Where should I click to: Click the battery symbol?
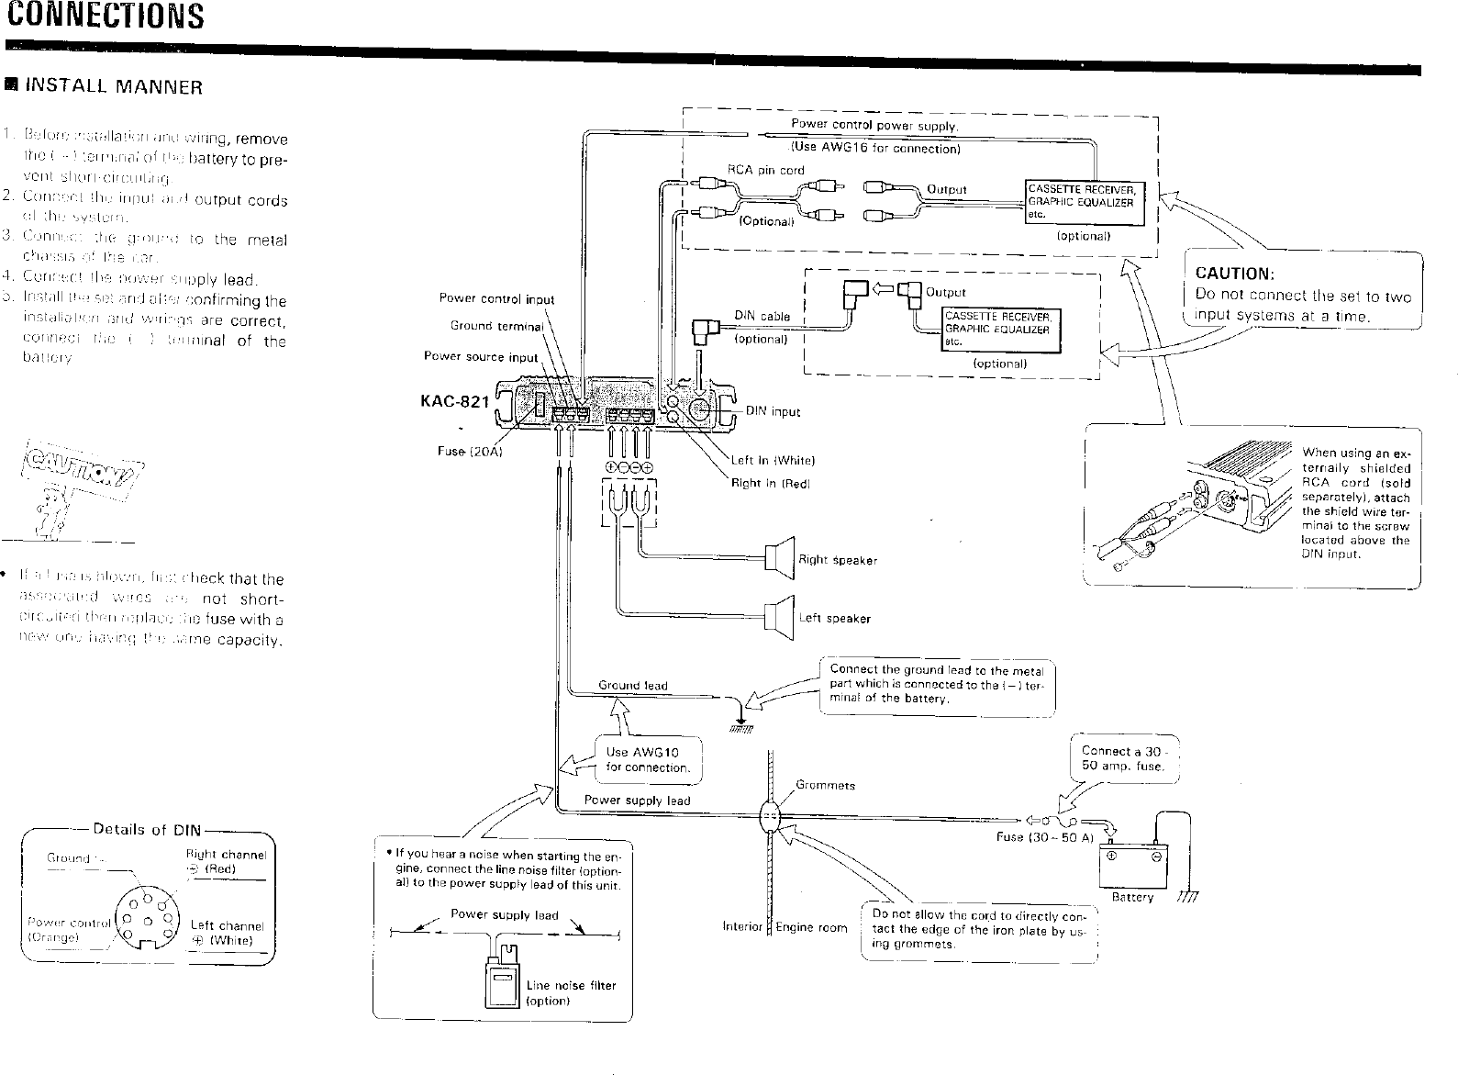[x=1132, y=864]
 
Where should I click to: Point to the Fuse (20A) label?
[x=467, y=451]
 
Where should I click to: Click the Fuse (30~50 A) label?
[x=1044, y=837]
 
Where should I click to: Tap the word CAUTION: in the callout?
[x=1233, y=274]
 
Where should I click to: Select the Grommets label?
[x=825, y=785]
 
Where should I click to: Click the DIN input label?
[x=773, y=411]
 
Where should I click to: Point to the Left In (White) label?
[x=773, y=461]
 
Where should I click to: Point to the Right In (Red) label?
[x=770, y=483]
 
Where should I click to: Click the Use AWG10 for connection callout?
[x=648, y=759]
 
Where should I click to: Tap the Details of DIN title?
[x=147, y=830]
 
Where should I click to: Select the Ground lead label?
[x=632, y=685]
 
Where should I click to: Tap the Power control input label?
[x=496, y=298]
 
